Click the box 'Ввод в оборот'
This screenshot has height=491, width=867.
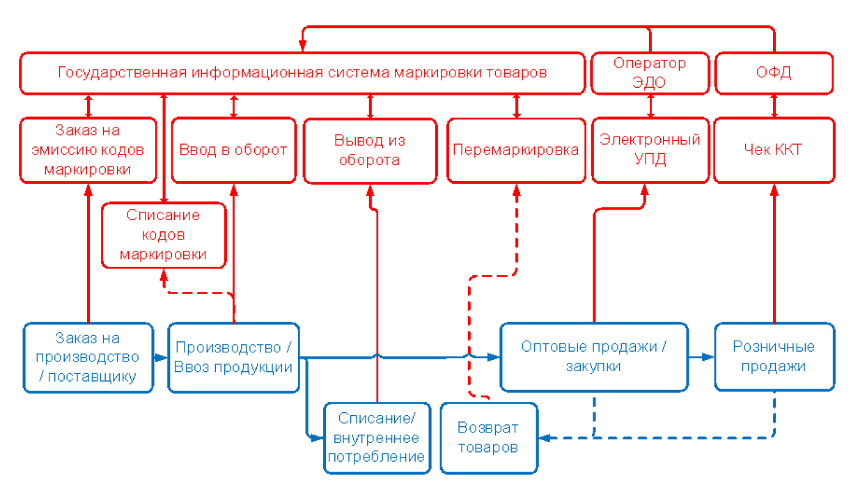[x=233, y=150]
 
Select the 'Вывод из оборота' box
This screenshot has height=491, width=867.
[x=370, y=150]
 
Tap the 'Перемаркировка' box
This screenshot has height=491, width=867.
[x=515, y=150]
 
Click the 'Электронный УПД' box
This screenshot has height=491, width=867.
[x=650, y=150]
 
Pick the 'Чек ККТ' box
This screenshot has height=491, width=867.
[x=774, y=150]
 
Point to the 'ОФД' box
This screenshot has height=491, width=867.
[x=774, y=72]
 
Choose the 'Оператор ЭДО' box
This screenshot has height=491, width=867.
[x=650, y=72]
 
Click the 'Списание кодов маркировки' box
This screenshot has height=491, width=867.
[x=164, y=235]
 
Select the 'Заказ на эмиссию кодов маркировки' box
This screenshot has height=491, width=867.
[x=88, y=150]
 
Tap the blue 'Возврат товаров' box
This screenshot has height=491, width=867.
[x=489, y=438]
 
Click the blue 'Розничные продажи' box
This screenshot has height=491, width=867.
[x=774, y=357]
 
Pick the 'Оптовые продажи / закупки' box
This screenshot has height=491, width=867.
[x=594, y=357]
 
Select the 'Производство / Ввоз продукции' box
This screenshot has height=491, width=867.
[x=234, y=357]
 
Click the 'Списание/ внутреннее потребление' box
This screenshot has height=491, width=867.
[x=377, y=438]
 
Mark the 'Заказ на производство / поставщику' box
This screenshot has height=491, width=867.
[x=88, y=357]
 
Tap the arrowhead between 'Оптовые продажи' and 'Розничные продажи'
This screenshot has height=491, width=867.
[x=708, y=357]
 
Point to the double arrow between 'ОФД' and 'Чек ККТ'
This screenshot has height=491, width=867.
[x=774, y=106]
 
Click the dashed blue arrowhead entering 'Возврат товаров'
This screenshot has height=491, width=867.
[x=546, y=438]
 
